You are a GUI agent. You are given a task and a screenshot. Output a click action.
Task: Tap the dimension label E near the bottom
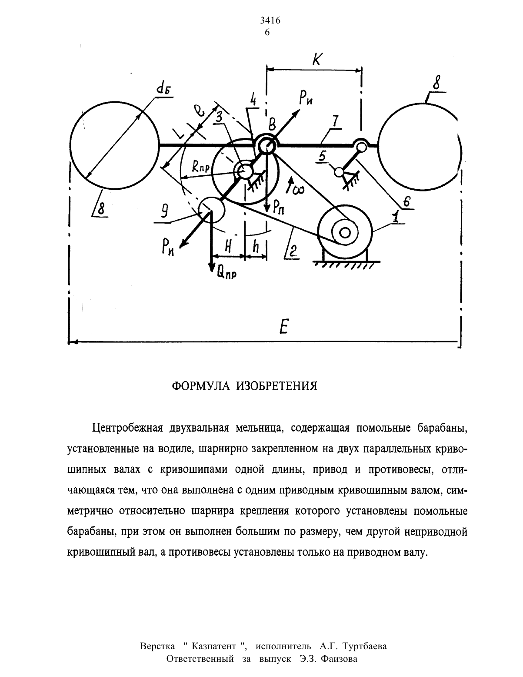[x=283, y=327]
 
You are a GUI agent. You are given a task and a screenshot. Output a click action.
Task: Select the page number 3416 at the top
[x=270, y=20]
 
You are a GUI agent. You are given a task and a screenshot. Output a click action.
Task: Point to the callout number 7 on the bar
[x=336, y=121]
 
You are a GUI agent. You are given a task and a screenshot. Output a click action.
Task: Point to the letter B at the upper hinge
[x=273, y=125]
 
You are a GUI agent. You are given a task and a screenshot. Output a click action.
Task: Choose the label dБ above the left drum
[x=163, y=89]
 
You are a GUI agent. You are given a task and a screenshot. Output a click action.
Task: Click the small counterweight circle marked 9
[x=211, y=210]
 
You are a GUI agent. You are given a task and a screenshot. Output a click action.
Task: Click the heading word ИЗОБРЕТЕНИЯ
[x=277, y=386]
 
